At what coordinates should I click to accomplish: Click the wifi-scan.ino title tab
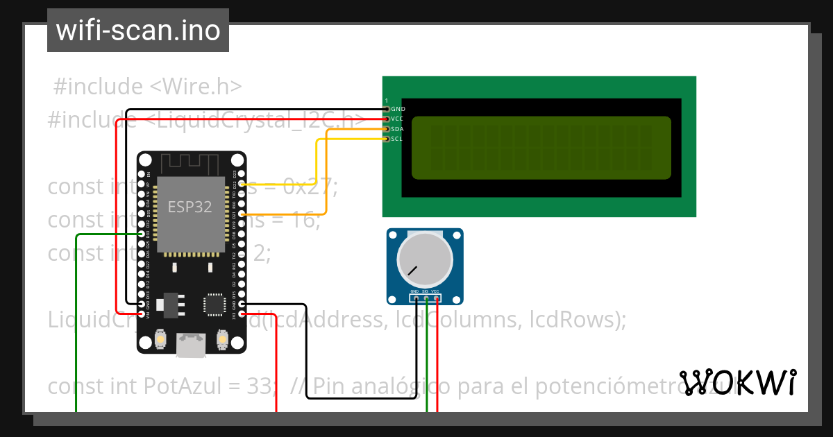137,31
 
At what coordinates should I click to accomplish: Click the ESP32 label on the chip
190,207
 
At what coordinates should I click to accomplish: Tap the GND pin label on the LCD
398,109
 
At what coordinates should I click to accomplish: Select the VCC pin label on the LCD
397,119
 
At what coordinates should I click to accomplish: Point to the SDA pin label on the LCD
397,129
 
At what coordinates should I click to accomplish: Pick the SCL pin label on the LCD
397,139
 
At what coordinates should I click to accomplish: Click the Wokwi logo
738,383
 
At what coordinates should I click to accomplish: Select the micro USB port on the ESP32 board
191,345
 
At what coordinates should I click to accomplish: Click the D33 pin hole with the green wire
142,234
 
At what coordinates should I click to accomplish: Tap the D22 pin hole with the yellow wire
241,185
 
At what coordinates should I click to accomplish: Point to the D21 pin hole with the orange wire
241,215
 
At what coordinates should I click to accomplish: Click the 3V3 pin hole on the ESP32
241,314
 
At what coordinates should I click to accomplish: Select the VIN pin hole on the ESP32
142,314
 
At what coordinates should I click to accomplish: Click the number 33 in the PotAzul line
264,386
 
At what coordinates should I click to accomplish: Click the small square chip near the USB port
214,305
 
